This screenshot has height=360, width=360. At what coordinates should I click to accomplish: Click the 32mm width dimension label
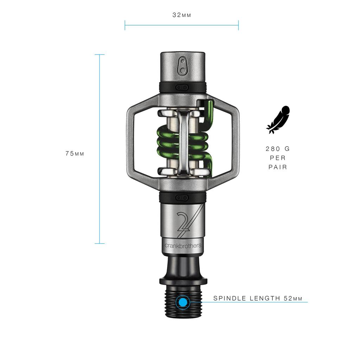pos(181,15)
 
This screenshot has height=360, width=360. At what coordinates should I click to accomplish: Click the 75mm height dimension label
pos(75,154)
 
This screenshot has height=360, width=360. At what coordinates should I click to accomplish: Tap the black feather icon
pos(278,120)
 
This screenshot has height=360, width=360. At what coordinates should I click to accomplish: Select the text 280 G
pos(278,149)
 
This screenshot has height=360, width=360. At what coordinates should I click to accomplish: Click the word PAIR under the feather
pos(278,167)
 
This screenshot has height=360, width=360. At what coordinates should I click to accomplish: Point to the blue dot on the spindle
pos(182,302)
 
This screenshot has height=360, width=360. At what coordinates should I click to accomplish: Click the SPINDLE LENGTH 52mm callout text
pos(258,298)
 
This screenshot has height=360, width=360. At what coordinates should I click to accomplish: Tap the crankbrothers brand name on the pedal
pos(183,245)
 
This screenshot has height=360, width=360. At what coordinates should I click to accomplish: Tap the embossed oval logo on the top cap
pos(182,65)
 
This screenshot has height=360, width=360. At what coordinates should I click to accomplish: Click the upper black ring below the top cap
pos(182,87)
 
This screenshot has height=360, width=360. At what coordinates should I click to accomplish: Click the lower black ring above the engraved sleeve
pos(182,197)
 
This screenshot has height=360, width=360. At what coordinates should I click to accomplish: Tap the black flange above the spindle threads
pos(183,281)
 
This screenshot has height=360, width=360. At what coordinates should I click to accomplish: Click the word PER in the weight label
pos(278,158)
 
